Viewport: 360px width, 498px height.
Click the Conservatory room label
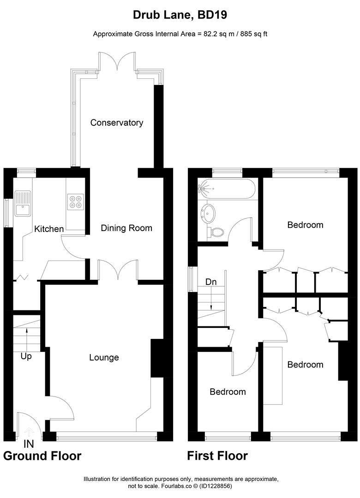[x=116, y=123]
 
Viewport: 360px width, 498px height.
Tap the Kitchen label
[x=49, y=229]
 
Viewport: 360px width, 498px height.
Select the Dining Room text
[x=126, y=228]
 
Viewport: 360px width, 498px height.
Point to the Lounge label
[x=104, y=357]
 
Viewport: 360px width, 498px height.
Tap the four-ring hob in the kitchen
[x=75, y=201]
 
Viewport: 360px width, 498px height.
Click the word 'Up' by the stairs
[x=26, y=356]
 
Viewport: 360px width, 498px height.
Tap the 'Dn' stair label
[x=211, y=281]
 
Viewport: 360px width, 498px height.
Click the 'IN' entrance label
[x=29, y=445]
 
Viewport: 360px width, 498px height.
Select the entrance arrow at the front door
[x=29, y=432]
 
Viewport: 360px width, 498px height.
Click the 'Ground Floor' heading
[x=42, y=456]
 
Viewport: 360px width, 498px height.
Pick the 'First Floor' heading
[x=217, y=456]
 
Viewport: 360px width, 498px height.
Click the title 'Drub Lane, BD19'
[x=180, y=15]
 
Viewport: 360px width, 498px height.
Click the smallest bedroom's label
[x=228, y=391]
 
